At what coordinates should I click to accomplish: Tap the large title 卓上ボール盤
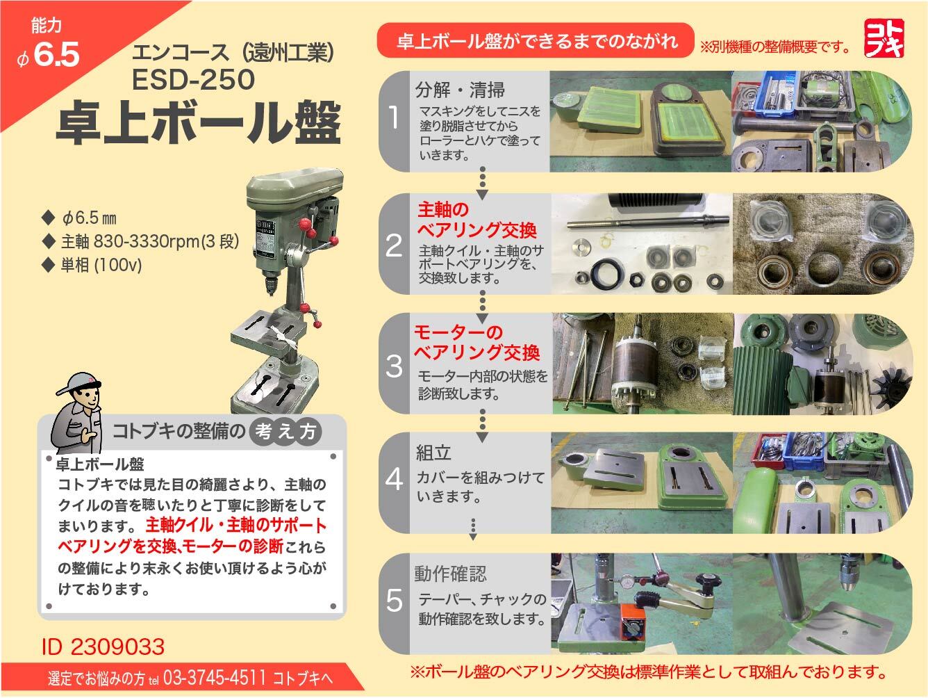tap(198, 123)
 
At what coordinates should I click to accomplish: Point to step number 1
tap(394, 118)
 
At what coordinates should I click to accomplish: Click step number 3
tap(394, 365)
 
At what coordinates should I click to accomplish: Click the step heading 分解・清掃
tap(460, 90)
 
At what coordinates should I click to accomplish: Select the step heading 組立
tap(434, 453)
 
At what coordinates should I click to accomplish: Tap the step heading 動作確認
tap(451, 574)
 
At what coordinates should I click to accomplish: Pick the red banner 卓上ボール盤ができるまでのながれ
tap(536, 40)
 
